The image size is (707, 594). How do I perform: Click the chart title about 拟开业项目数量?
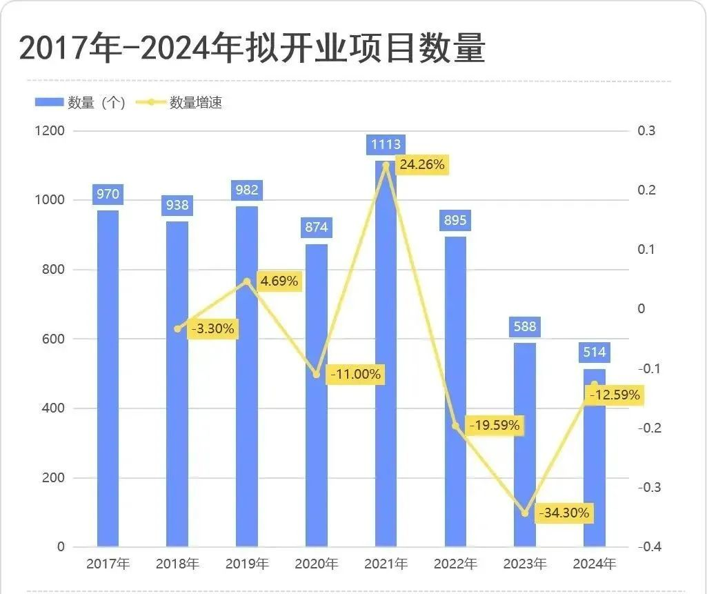[x=252, y=50]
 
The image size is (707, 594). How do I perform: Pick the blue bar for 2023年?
[x=525, y=445]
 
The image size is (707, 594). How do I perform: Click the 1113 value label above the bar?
[x=386, y=144]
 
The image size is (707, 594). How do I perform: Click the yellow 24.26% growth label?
[x=422, y=165]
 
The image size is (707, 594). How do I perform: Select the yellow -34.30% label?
[x=564, y=513]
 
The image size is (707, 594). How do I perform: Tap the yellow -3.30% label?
[x=211, y=329]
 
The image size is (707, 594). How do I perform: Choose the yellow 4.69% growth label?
[x=279, y=281]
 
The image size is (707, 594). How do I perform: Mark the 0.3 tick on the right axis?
[x=646, y=131]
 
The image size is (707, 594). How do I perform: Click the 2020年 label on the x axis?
[x=317, y=564]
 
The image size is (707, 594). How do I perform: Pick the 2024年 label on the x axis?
[x=595, y=564]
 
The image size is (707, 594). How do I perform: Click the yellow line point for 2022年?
[x=455, y=426]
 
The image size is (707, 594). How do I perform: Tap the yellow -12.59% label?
[x=614, y=395]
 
